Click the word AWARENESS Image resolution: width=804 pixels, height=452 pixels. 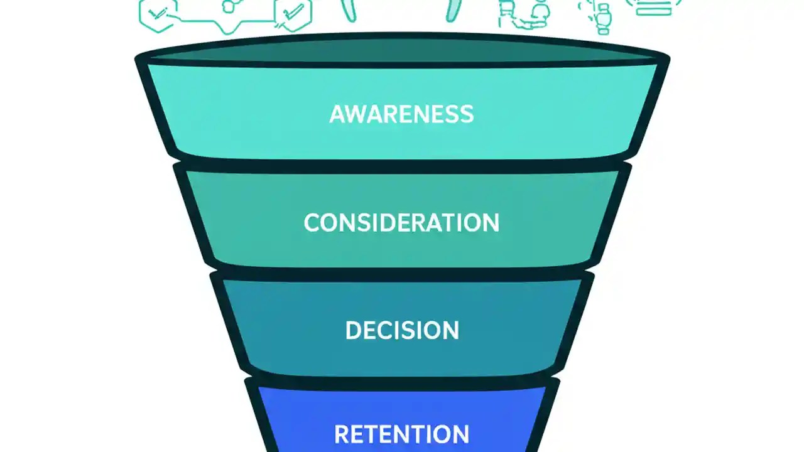(401, 114)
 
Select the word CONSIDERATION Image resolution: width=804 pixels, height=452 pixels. (401, 222)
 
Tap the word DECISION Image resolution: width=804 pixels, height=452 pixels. (402, 330)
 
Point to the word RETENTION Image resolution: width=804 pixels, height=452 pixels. (401, 434)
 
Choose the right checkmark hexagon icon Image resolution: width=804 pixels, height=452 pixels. (293, 14)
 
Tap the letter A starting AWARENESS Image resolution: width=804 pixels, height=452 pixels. (338, 114)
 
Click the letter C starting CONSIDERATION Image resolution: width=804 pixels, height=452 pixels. (312, 222)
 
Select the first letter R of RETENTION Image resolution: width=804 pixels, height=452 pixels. (342, 434)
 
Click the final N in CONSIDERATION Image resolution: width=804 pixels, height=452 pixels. (490, 222)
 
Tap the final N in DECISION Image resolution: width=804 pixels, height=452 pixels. (450, 330)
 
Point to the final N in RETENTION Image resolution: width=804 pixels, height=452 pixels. (460, 434)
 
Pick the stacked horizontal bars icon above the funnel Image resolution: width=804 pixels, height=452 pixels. (653, 8)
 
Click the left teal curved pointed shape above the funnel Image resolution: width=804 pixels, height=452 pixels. (349, 9)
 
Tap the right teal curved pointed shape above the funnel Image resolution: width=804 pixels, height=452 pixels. (454, 9)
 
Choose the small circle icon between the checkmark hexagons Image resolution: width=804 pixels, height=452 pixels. (230, 6)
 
